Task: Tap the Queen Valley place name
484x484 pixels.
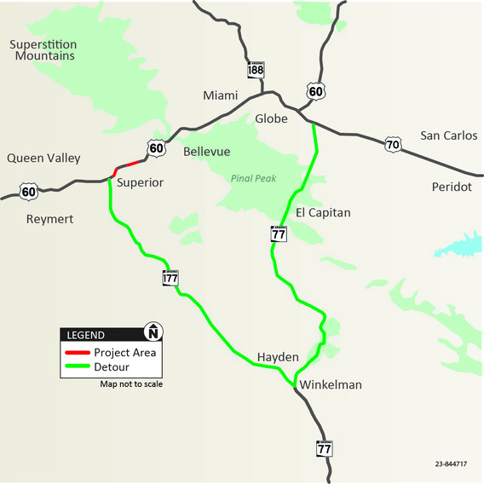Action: [43, 158]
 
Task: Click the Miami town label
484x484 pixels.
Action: [220, 95]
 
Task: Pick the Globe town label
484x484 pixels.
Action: [272, 118]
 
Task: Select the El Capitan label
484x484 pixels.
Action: [323, 212]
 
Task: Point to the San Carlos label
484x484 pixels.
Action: [448, 135]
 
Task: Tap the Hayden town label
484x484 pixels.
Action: [278, 357]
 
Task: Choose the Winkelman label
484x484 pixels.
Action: [330, 385]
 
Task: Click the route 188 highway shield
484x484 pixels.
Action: [256, 70]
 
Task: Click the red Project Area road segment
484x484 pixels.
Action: [125, 164]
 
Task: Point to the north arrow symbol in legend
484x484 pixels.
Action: [153, 332]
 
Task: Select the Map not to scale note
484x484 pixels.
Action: [131, 384]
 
